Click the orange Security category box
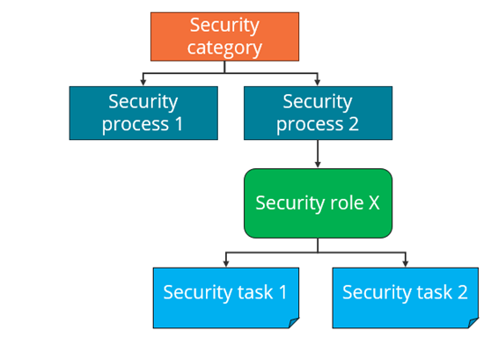pos(224,37)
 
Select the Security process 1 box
pos(143,113)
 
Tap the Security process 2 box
pos(318,113)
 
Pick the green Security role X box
pos(318,203)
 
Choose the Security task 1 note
pos(226,298)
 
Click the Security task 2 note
pos(406,298)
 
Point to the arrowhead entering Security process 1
pos(143,82)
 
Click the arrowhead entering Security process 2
pos(318,82)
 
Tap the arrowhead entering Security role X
pos(318,165)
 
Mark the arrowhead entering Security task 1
pos(226,263)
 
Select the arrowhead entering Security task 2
pos(406,263)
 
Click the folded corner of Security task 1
pos(294,323)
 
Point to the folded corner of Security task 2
pos(472,323)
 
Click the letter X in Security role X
pos(374,202)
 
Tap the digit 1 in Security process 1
pos(179,124)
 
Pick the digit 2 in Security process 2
pos(354,124)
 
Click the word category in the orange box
pos(224,48)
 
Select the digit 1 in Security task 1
pos(282,292)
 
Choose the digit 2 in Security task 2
pos(463,292)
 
